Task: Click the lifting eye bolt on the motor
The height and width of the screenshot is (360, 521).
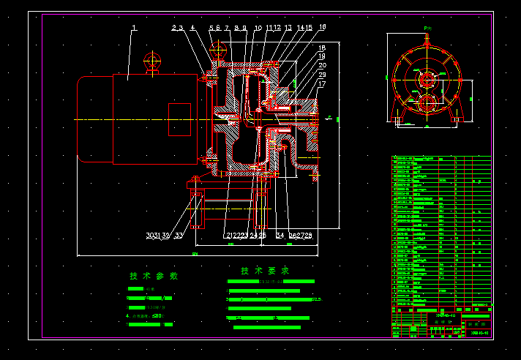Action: pyautogui.click(x=152, y=61)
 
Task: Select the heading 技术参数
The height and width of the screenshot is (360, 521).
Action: pyautogui.click(x=154, y=276)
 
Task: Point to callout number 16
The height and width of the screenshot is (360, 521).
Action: pyautogui.click(x=322, y=27)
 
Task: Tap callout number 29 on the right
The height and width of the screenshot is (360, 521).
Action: pyautogui.click(x=322, y=75)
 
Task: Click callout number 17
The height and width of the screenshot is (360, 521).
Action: pyautogui.click(x=322, y=83)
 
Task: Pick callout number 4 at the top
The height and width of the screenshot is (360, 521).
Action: pyautogui.click(x=192, y=28)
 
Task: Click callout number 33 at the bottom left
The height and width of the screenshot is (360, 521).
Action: pyautogui.click(x=179, y=235)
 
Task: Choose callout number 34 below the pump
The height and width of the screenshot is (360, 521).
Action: pyautogui.click(x=280, y=235)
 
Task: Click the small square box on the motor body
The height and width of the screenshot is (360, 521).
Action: pyautogui.click(x=179, y=119)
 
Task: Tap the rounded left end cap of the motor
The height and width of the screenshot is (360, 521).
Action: pyautogui.click(x=84, y=119)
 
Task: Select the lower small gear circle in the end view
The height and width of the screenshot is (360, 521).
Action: pyautogui.click(x=427, y=102)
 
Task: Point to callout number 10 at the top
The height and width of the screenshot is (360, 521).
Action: pyautogui.click(x=258, y=28)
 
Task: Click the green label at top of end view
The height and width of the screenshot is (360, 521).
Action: pyautogui.click(x=428, y=28)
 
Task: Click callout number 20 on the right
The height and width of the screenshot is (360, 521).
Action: pyautogui.click(x=322, y=66)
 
